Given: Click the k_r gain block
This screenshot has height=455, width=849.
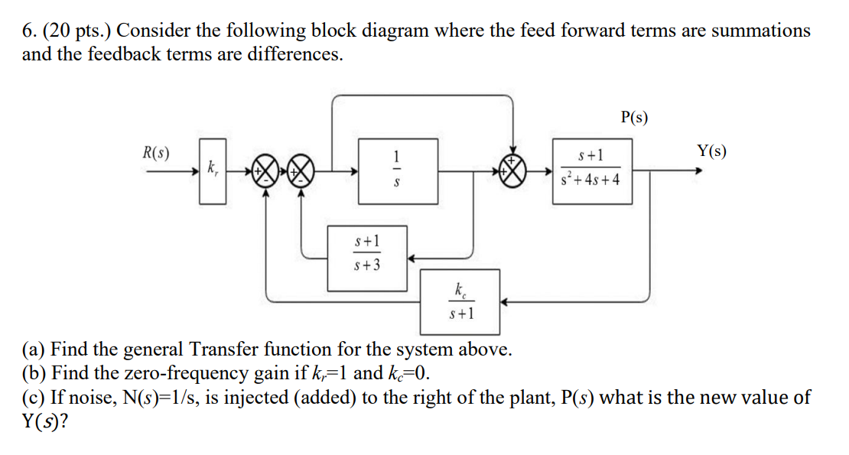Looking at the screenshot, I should pyautogui.click(x=213, y=171).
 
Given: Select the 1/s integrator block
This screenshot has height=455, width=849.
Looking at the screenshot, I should pyautogui.click(x=396, y=171).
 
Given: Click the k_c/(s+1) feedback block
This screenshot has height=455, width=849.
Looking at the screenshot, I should pyautogui.click(x=462, y=301).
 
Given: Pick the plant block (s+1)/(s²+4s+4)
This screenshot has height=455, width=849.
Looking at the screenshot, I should pyautogui.click(x=592, y=171).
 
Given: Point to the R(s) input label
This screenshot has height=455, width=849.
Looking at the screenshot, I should pyautogui.click(x=156, y=152).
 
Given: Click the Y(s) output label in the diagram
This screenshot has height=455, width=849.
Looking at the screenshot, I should pyautogui.click(x=711, y=151).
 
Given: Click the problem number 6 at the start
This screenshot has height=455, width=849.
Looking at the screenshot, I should pyautogui.click(x=27, y=31).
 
